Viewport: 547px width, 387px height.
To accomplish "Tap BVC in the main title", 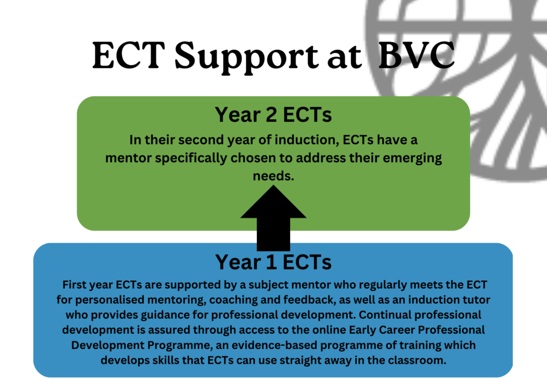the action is pos(417,55).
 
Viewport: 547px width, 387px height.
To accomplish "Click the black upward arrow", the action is pos(273,218).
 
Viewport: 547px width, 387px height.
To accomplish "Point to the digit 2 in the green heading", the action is pos(271,115).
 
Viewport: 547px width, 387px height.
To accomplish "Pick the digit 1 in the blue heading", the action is pos(271,262).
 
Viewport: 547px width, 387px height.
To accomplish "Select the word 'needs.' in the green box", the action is pos(273,176).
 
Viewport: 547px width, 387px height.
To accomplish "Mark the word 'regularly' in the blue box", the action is pos(382,285).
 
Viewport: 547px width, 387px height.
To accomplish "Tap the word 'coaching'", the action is pos(233,300).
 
